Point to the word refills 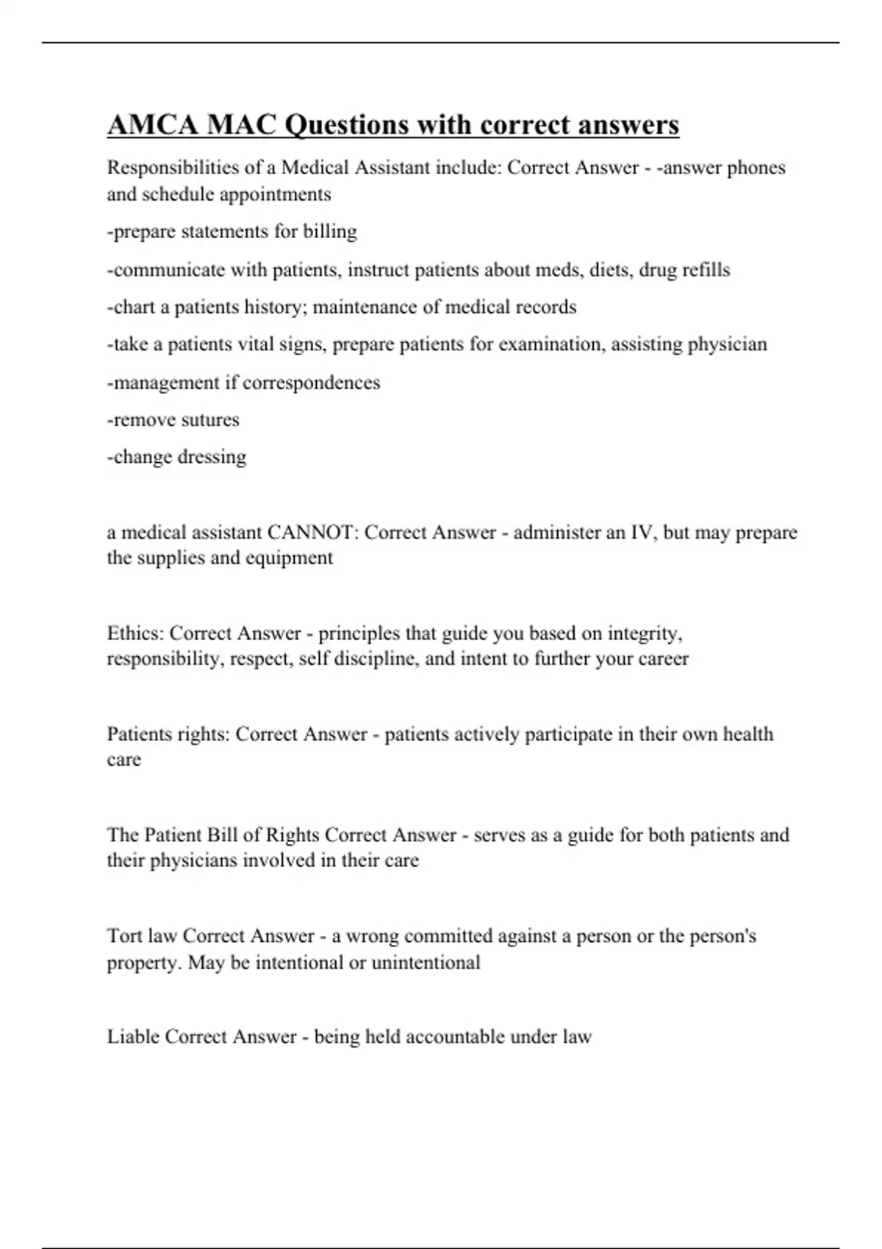pyautogui.click(x=706, y=270)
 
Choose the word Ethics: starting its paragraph pyautogui.click(x=135, y=633)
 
